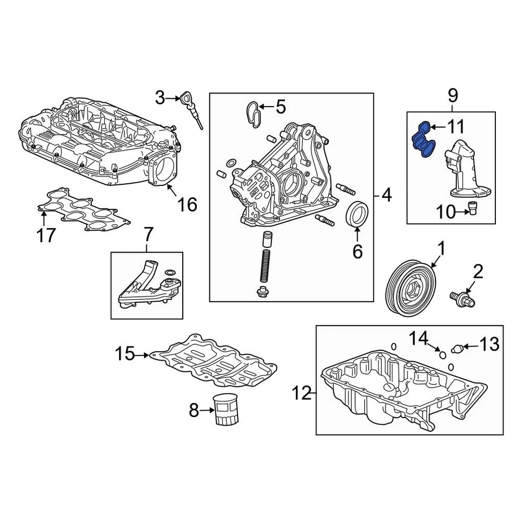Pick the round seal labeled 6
click(357, 214)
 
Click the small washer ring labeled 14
click(443, 355)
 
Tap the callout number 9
click(453, 97)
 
